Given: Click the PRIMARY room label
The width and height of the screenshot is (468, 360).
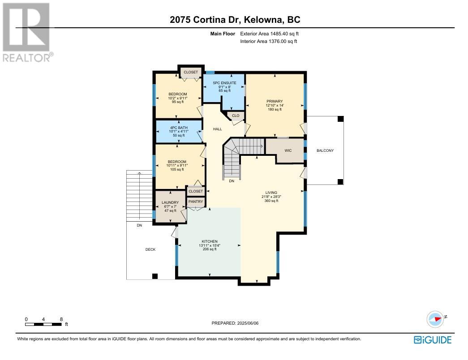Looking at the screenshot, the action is pos(275,102).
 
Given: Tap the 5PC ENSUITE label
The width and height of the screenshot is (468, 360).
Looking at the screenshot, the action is pos(224,83).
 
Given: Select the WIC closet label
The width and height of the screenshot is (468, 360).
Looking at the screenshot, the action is pos(288,150).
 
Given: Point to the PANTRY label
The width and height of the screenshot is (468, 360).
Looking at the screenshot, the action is pos(196,201).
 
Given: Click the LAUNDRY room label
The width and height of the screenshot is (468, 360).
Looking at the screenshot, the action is pos(170,202).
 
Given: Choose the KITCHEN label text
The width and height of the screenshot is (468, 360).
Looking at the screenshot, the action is pos(210,241).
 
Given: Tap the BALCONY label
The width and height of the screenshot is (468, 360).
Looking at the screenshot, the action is pos(325,150).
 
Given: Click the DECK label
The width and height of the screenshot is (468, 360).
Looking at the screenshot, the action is pos(150,249).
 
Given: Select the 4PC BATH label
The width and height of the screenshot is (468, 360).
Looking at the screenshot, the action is pos(179,128).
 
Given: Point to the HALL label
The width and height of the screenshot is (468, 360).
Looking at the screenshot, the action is pos(218,129).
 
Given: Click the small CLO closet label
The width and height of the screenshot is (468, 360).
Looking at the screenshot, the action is pos(236,116).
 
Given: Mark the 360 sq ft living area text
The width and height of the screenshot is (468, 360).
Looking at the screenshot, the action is pos(271,201).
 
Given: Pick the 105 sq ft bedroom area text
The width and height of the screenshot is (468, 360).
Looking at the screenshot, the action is pos(177,170).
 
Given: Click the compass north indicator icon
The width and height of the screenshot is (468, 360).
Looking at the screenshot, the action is pos(435,319).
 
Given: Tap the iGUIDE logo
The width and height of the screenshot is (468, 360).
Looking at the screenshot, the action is pos(433,340).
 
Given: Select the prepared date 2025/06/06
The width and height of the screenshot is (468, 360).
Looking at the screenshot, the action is pos(247,323).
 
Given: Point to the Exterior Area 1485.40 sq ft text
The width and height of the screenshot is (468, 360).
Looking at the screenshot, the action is pos(269,34).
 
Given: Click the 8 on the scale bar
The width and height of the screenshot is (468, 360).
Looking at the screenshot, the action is pos(61,319).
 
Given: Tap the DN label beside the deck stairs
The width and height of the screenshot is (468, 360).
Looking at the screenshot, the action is pos(139,225).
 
